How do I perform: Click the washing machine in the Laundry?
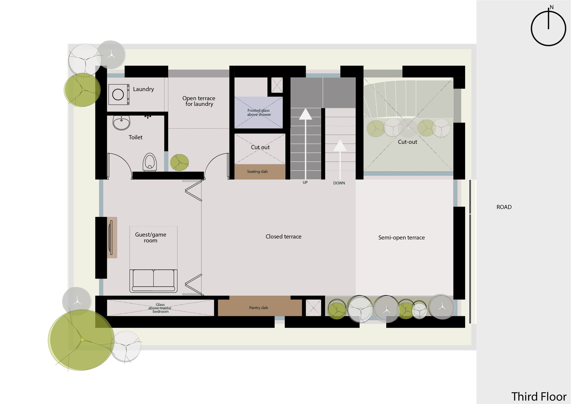click(x=118, y=94)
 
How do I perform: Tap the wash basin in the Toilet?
click(x=121, y=123)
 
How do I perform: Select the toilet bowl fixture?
click(x=150, y=162)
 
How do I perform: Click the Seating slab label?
click(x=257, y=171)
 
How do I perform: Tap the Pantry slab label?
click(x=258, y=308)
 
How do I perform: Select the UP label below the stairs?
click(x=305, y=183)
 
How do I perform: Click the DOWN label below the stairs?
click(x=339, y=183)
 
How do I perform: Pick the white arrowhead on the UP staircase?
click(x=305, y=114)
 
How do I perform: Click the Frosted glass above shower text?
click(x=259, y=112)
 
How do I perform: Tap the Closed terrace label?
click(x=283, y=237)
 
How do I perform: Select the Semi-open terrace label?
click(x=401, y=237)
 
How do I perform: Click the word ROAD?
click(x=504, y=207)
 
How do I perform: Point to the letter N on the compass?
click(x=552, y=7)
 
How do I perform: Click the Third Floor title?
click(x=538, y=397)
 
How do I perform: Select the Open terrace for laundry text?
click(x=199, y=101)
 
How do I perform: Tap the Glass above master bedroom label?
click(x=160, y=308)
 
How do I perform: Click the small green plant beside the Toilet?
click(x=179, y=162)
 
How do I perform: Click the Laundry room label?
click(x=143, y=89)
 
